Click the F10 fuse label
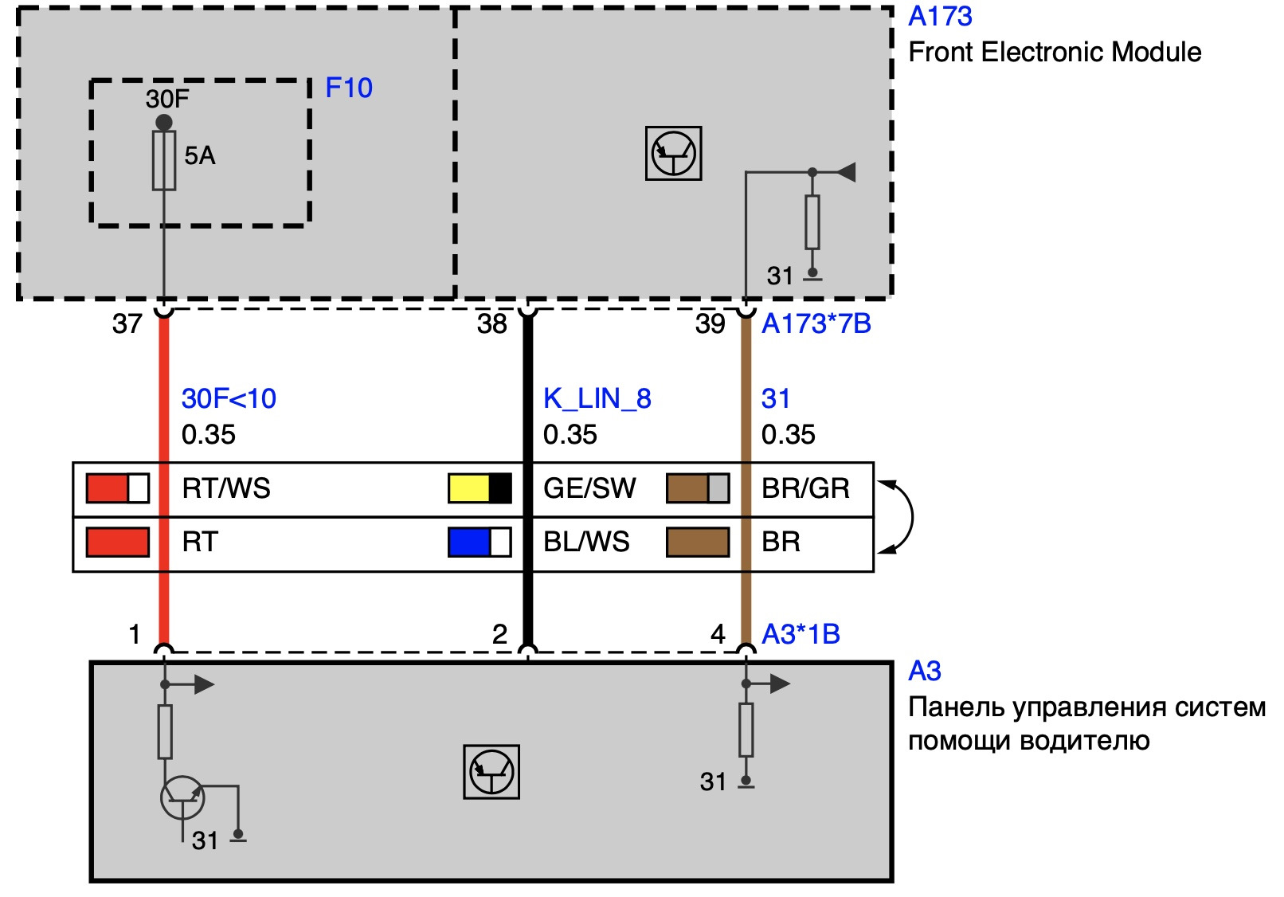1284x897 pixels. click(x=349, y=88)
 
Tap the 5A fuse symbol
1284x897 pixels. click(x=164, y=160)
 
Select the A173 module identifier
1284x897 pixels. click(x=940, y=17)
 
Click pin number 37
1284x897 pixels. click(x=127, y=324)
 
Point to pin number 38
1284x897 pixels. click(x=492, y=324)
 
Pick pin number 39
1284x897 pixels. click(x=710, y=324)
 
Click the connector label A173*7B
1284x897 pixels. click(x=816, y=324)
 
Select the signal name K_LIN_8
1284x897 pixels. click(x=597, y=398)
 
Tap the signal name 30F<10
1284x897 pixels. click(x=229, y=398)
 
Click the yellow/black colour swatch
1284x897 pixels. click(x=480, y=488)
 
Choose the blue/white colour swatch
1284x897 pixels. click(x=480, y=543)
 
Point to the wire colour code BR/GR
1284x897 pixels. click(x=805, y=488)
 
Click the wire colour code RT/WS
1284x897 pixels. click(x=226, y=488)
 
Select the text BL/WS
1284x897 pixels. click(x=586, y=543)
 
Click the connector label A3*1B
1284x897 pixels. click(x=801, y=634)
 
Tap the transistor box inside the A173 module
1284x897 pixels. click(x=673, y=153)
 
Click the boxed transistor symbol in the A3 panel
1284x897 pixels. click(x=491, y=772)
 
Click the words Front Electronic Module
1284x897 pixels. click(x=1055, y=53)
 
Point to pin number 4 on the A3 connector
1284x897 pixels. click(x=718, y=634)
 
